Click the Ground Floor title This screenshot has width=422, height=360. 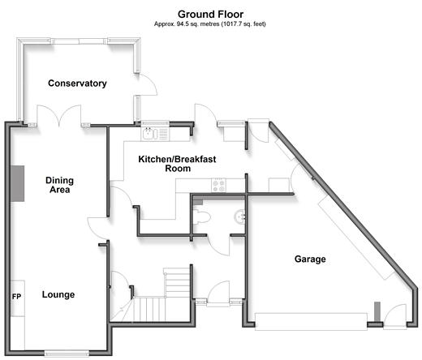click(210, 14)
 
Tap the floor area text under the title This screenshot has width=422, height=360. click(210, 24)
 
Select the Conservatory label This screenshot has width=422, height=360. click(77, 84)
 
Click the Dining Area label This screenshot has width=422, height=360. click(59, 185)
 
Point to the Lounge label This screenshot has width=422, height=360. click(58, 294)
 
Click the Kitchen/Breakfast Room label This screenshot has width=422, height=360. click(177, 164)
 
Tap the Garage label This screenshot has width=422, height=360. click(310, 259)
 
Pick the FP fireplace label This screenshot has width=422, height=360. click(16, 297)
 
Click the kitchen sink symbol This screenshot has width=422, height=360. click(155, 134)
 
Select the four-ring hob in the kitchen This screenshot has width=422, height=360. click(218, 185)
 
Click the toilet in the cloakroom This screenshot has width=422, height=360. click(201, 216)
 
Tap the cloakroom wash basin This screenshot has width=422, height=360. click(239, 216)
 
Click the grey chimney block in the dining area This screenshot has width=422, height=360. click(18, 183)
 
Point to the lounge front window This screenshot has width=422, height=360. click(67, 354)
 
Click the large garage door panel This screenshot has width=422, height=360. click(311, 322)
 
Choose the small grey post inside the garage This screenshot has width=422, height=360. click(377, 312)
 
